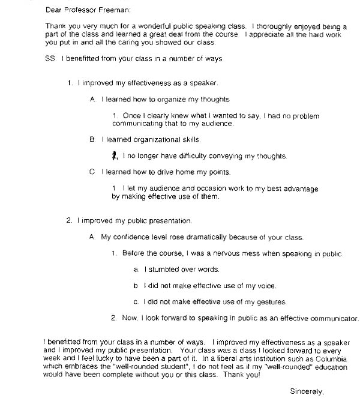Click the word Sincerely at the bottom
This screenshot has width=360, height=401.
pyautogui.click(x=307, y=391)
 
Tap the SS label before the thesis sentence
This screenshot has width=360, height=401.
pyautogui.click(x=50, y=59)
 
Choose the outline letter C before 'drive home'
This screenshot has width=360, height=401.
pyautogui.click(x=92, y=172)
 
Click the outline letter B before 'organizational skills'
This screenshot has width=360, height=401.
pyautogui.click(x=92, y=139)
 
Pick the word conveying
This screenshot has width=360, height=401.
pyautogui.click(x=227, y=156)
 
